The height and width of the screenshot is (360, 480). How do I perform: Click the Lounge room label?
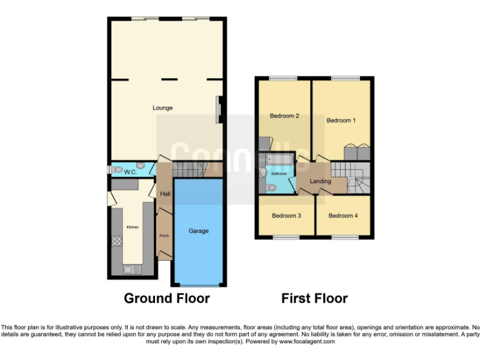[x=162, y=107]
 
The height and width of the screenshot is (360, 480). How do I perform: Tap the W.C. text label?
[x=131, y=172]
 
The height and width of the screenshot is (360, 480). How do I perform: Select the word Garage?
[x=199, y=231]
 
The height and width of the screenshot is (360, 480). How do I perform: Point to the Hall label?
[x=165, y=194]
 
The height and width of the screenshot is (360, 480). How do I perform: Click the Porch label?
[x=164, y=236]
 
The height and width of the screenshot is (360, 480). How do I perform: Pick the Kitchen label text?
[x=132, y=227]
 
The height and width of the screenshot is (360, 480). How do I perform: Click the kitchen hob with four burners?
[x=117, y=240]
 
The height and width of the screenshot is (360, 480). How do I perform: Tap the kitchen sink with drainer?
[x=132, y=269]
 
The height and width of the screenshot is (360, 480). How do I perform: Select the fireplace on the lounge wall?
[x=219, y=107]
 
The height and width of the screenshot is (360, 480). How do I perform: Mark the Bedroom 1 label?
[x=341, y=121]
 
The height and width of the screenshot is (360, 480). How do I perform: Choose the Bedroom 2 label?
[x=284, y=116]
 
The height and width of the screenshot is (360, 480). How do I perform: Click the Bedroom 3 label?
[x=287, y=216]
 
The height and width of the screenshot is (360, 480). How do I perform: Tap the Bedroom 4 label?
[x=343, y=216]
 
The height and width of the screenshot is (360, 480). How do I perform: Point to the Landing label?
[x=321, y=182]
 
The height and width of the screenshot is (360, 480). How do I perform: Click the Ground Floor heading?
[x=167, y=298]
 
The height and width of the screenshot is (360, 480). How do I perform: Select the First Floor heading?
[x=314, y=298]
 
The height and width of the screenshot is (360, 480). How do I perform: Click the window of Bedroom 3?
[x=286, y=237]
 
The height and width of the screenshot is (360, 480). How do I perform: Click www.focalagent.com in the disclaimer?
[x=307, y=342]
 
